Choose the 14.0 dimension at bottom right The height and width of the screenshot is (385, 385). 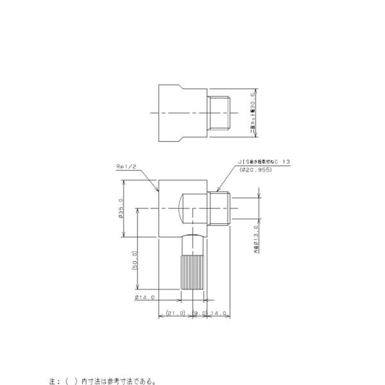219,313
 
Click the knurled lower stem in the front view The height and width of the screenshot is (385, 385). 194,272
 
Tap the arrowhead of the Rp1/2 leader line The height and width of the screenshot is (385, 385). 158,192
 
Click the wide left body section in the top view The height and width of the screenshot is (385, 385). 171,113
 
